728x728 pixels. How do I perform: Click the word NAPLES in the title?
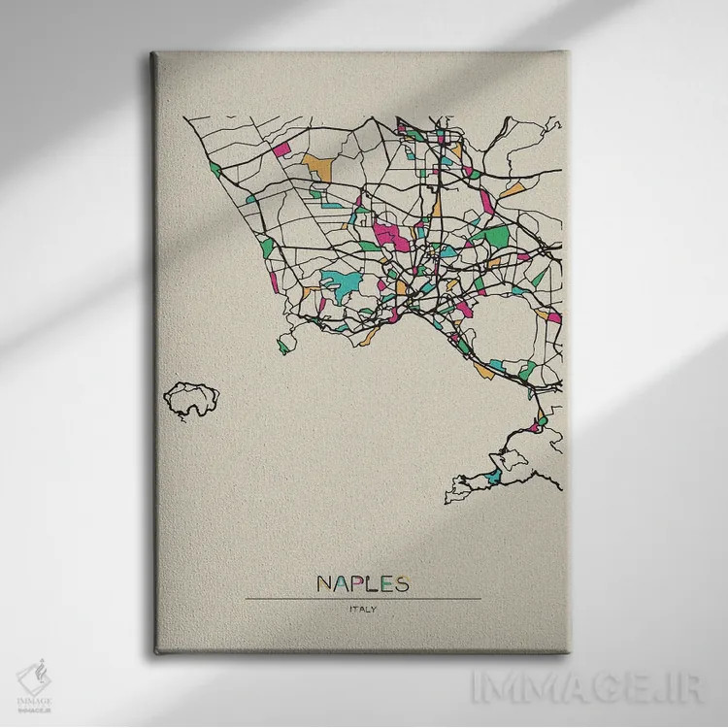point(363,583)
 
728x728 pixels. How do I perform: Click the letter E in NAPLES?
point(385,583)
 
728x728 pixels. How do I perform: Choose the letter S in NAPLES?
point(401,583)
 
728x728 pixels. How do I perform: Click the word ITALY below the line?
point(363,610)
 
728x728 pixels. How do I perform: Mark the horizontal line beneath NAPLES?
point(363,598)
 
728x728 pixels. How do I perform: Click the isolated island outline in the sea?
point(191,399)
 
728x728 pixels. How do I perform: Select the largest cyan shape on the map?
point(339,283)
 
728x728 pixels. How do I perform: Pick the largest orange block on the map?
point(316,166)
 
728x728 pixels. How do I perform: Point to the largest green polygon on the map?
point(490,236)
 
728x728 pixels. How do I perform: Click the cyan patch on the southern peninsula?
point(494,477)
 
